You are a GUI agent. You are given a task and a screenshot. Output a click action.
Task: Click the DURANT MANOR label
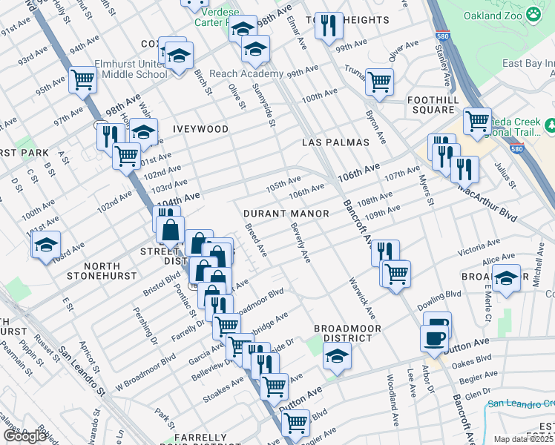pos(286,214)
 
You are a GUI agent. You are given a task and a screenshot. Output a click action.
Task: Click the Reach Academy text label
pos(247,74)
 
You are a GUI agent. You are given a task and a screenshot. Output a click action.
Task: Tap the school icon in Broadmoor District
pos(337,357)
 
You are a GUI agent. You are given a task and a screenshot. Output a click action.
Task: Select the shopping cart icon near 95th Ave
pos(83,79)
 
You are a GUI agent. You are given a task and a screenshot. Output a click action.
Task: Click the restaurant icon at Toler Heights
pos(327,25)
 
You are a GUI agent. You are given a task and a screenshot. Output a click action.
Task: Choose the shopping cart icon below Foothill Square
pos(476,119)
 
